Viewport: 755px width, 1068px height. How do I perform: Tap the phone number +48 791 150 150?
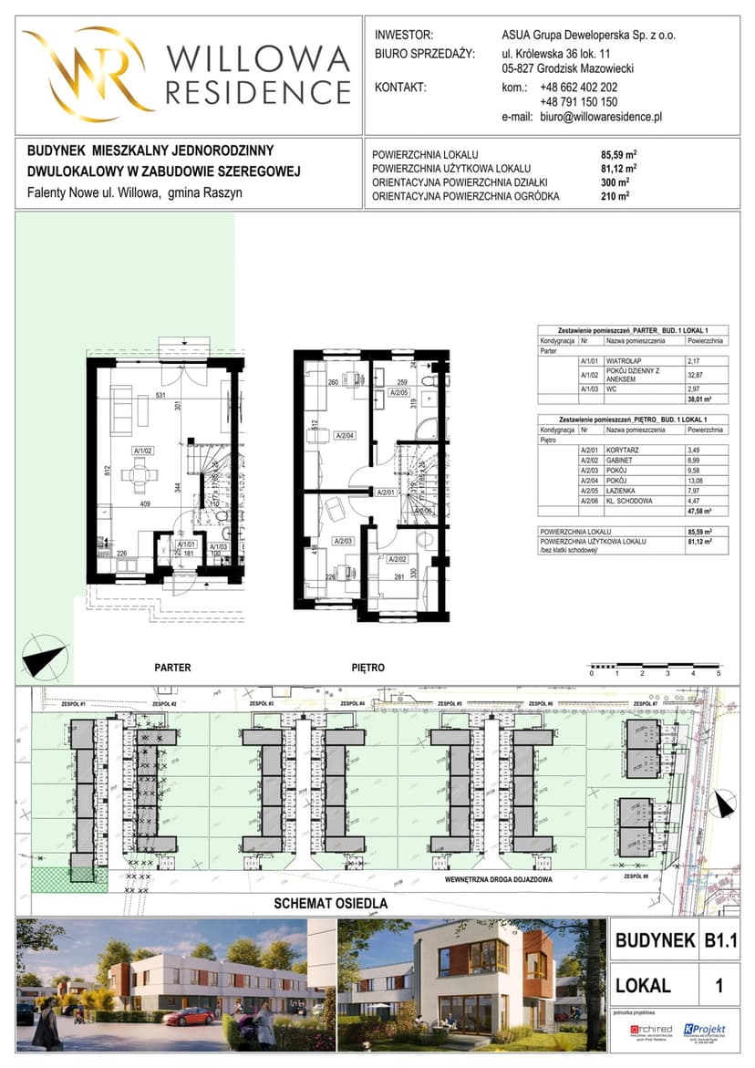(x=578, y=102)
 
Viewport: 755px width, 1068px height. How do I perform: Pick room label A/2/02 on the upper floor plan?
(x=397, y=559)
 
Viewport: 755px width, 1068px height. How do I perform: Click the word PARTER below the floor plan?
(x=172, y=668)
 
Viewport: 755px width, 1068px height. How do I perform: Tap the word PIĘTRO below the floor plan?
(x=367, y=668)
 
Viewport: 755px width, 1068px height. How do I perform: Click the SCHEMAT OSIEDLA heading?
(x=331, y=904)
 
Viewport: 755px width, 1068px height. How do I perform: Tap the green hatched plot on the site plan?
(x=68, y=880)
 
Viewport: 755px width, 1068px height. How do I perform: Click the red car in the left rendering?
(x=189, y=1017)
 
